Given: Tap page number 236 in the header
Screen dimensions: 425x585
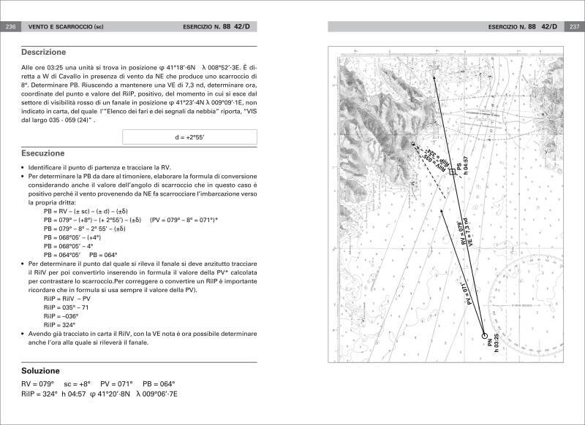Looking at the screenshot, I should pyautogui.click(x=11, y=27).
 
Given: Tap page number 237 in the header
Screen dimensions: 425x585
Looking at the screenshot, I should pyautogui.click(x=573, y=27).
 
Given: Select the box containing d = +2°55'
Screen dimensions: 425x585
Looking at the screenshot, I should pyautogui.click(x=189, y=137).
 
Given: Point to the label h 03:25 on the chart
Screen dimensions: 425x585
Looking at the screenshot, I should pyautogui.click(x=496, y=349).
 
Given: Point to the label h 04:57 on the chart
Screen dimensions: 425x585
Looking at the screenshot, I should pyautogui.click(x=465, y=166).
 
